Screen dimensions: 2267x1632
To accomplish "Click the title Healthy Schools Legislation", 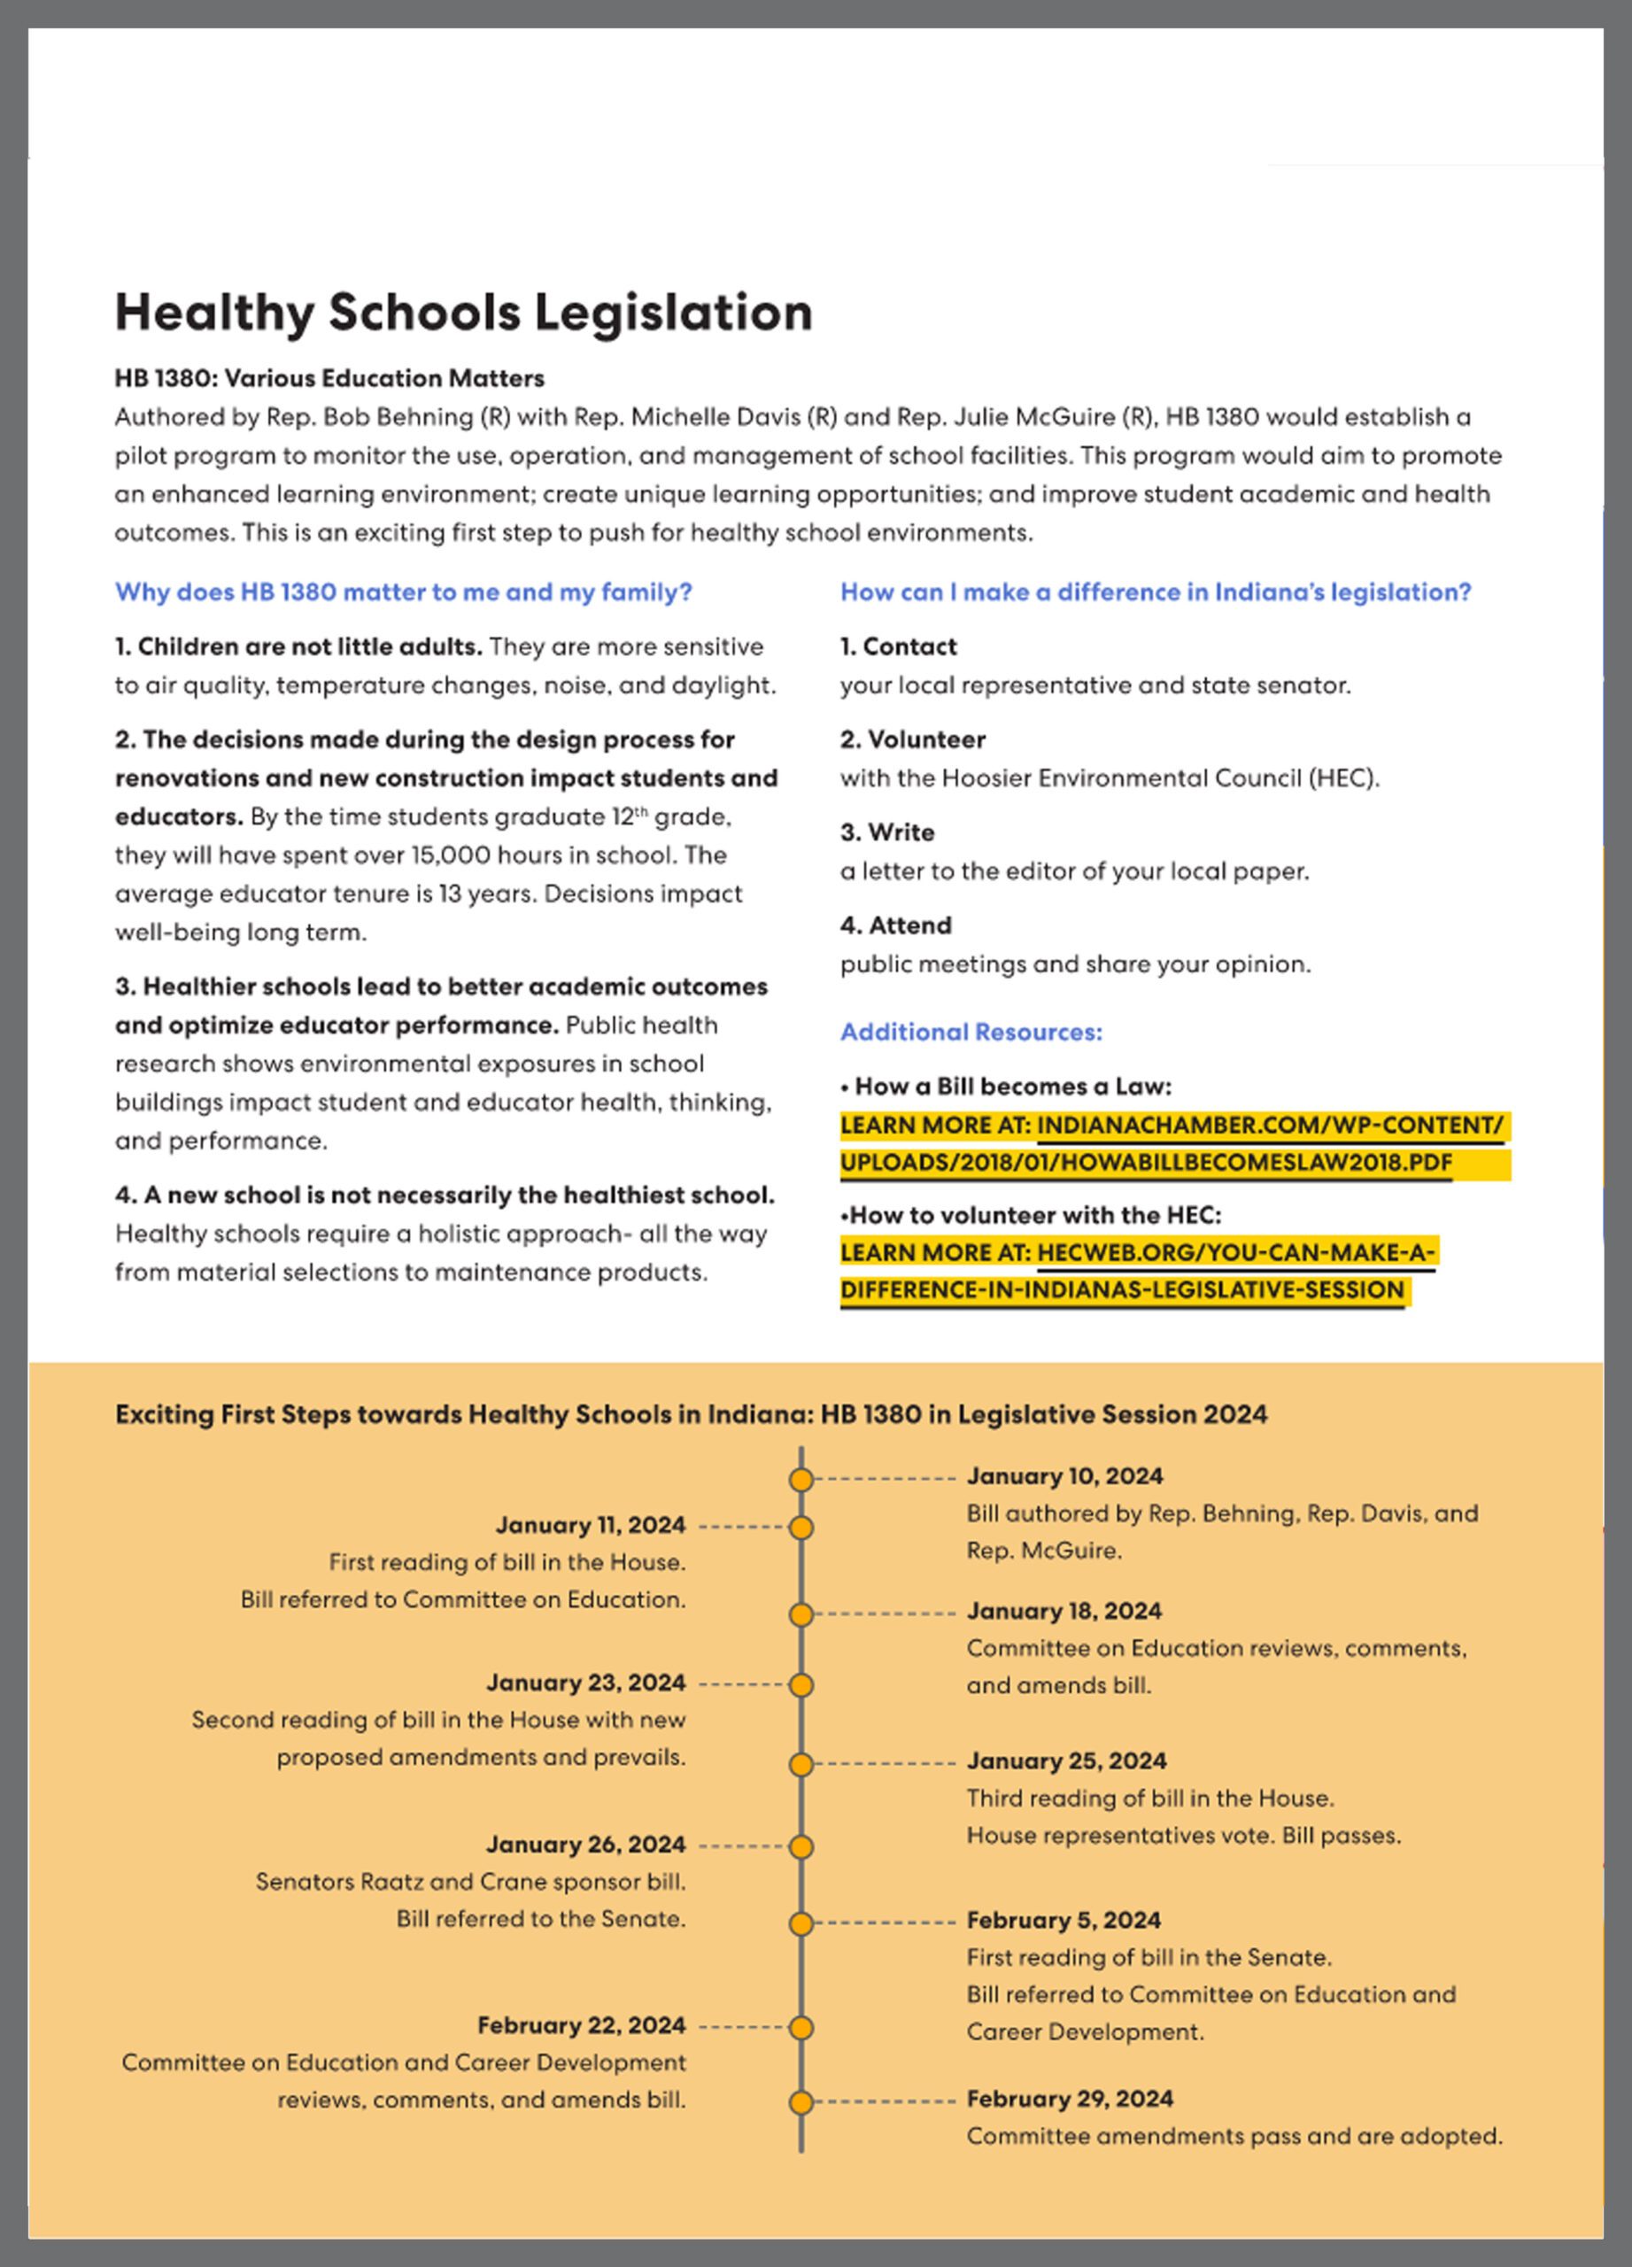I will point(463,312).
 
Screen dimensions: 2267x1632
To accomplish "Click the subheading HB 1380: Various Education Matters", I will point(329,378).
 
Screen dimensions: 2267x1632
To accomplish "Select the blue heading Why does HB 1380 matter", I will point(403,592).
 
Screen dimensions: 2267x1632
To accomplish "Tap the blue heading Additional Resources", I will point(971,1032).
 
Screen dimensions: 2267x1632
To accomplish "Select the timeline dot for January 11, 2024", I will point(801,1528).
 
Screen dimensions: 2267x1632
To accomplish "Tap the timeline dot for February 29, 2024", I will point(801,2102).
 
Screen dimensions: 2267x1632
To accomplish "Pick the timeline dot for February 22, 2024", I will point(801,2027).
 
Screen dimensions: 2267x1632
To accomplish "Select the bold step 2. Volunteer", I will point(912,739).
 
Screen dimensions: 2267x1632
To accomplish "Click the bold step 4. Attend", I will point(895,925).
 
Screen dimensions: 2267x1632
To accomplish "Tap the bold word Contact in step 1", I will point(909,646).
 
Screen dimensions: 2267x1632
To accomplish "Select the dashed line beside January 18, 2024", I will point(885,1613).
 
